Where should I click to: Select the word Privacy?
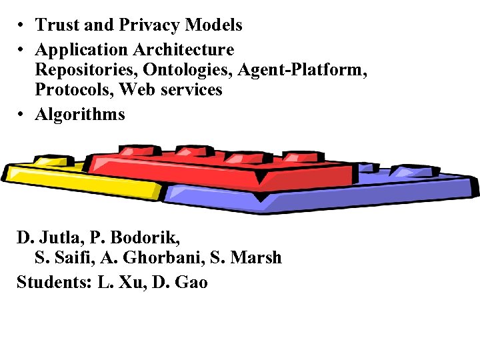[x=151, y=25]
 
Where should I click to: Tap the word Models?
[x=214, y=25]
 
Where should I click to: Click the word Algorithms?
[x=80, y=115]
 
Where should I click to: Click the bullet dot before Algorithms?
[x=22, y=115]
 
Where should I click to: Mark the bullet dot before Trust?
[x=22, y=25]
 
